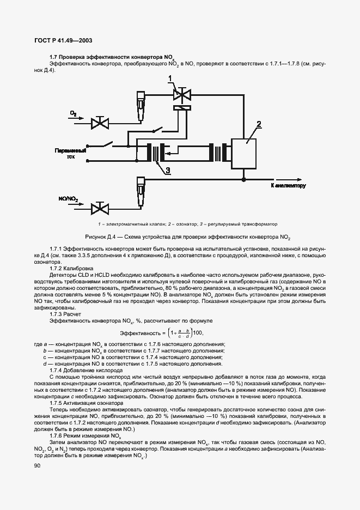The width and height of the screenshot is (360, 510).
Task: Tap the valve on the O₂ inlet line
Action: click(100, 123)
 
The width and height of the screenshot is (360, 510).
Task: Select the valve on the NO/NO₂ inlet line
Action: click(100, 208)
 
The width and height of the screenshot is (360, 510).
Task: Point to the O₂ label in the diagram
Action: click(72, 113)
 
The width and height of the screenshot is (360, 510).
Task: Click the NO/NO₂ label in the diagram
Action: click(68, 199)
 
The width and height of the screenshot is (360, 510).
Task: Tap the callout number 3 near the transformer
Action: click(168, 171)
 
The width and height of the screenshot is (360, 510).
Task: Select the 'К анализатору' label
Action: click(288, 186)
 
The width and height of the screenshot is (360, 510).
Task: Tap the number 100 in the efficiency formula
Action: click(198, 332)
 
